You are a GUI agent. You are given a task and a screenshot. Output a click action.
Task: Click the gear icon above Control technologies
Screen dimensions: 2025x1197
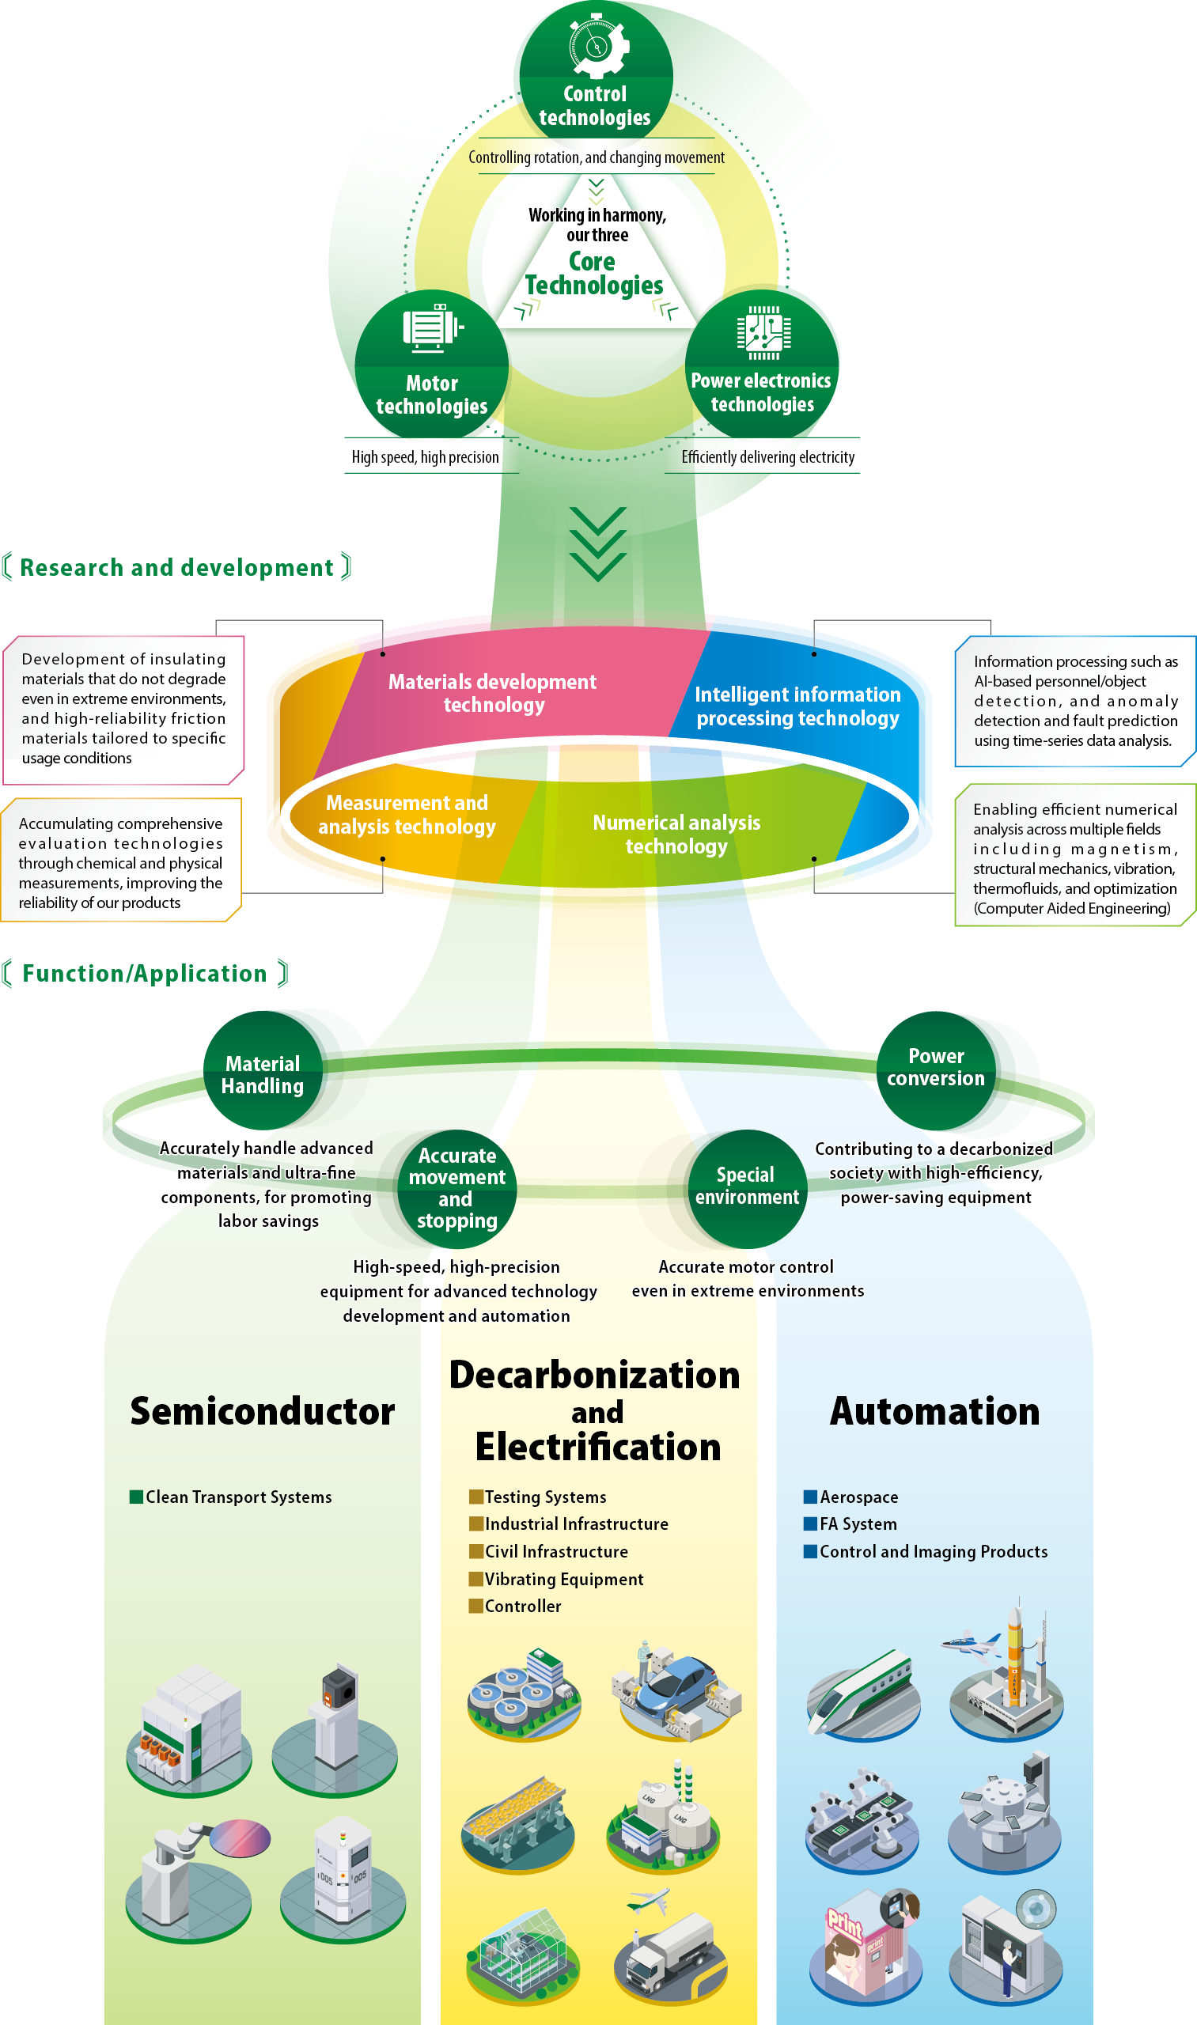pyautogui.click(x=596, y=45)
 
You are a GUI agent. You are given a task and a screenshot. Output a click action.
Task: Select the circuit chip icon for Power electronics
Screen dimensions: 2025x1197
pyautogui.click(x=763, y=332)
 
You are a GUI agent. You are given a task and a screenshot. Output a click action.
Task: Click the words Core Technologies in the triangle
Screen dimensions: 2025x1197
pyautogui.click(x=593, y=274)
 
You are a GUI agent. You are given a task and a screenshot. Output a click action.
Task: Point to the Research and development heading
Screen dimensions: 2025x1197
pyautogui.click(x=176, y=568)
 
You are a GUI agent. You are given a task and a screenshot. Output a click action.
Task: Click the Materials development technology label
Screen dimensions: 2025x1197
pyautogui.click(x=493, y=693)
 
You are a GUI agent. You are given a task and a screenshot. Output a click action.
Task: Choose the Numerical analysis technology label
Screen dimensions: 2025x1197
pyautogui.click(x=676, y=834)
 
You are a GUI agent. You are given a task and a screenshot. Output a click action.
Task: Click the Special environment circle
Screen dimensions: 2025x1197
pyautogui.click(x=747, y=1187)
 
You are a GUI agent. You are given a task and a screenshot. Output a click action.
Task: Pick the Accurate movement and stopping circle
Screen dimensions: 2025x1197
pyautogui.click(x=457, y=1188)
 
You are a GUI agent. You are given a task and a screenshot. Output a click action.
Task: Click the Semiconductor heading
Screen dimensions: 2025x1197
pyautogui.click(x=262, y=1411)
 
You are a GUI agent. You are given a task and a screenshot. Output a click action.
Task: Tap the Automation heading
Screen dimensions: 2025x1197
pyautogui.click(x=935, y=1411)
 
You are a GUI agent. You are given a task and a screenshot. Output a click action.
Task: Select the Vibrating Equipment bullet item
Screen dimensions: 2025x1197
pyautogui.click(x=563, y=1579)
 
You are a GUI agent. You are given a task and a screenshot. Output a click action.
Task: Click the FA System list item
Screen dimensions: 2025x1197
pyautogui.click(x=858, y=1523)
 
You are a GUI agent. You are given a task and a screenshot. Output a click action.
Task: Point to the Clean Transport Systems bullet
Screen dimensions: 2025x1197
pyautogui.click(x=238, y=1497)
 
